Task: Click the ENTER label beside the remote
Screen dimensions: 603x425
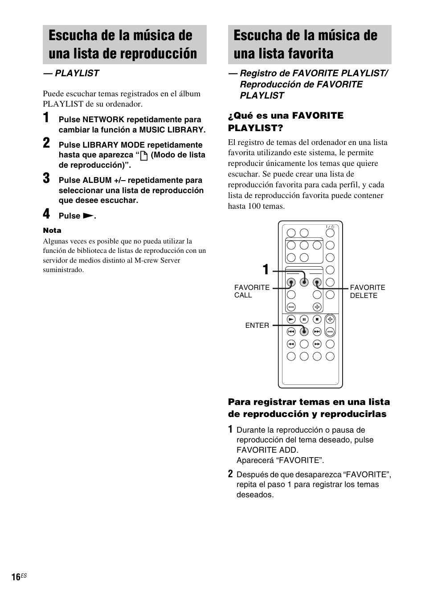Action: [x=257, y=326]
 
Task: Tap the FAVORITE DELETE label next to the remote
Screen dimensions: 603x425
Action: [x=367, y=292]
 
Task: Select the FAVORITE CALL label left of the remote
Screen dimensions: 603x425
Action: [x=252, y=291]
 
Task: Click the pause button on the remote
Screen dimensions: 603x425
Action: [x=304, y=319]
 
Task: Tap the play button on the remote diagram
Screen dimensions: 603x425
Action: [x=291, y=319]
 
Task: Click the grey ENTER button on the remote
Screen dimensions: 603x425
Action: [x=304, y=331]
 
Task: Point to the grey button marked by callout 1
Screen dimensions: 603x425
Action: [x=304, y=282]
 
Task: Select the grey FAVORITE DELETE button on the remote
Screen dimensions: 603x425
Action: [x=317, y=282]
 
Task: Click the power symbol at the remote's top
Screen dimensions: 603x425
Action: [x=330, y=227]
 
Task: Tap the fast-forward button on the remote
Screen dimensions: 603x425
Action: [x=317, y=344]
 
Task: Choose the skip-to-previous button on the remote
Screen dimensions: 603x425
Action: [x=291, y=331]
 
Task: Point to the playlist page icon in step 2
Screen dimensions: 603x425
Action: [x=143, y=156]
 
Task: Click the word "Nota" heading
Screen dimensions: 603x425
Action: [x=52, y=231]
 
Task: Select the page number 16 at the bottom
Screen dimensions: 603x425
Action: [x=16, y=577]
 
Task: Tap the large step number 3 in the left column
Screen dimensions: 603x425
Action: [x=46, y=178]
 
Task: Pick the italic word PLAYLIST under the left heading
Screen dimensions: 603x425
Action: [x=77, y=73]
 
